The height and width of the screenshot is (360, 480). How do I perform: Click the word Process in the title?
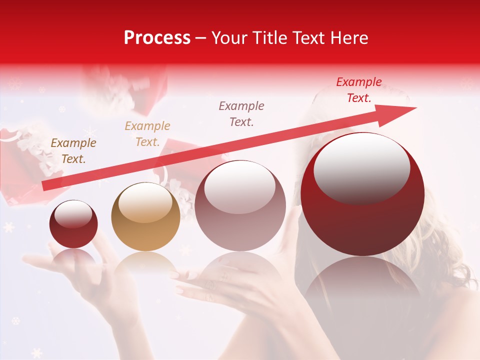157,38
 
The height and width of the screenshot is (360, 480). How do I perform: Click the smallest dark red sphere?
73,224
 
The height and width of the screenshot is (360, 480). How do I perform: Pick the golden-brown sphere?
145,217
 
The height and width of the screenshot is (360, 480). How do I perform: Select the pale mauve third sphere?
240,206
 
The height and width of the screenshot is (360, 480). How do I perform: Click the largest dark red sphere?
362,195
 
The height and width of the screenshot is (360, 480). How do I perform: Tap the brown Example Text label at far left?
73,151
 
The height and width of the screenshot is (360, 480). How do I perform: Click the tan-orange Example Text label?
147,134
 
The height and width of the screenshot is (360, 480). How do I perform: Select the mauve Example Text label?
241,113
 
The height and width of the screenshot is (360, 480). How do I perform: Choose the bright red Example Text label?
359,90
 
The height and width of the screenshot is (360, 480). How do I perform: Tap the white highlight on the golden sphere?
145,202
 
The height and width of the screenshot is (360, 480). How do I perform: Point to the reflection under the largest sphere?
362,285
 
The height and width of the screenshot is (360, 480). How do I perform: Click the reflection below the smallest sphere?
73,257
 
